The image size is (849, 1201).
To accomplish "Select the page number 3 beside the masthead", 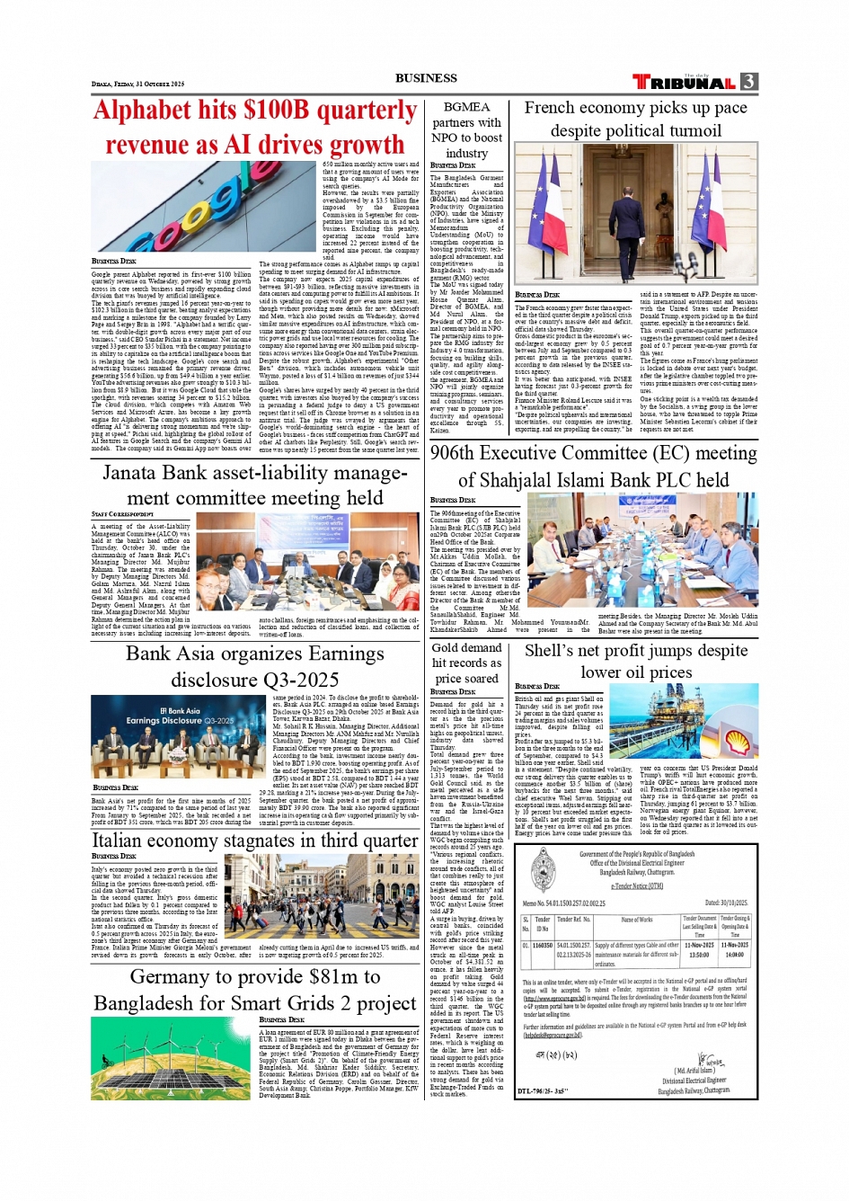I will pyautogui.click(x=748, y=82).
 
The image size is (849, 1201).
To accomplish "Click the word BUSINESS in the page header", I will pyautogui.click(x=426, y=78).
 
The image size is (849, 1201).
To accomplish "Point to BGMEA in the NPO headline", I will pyautogui.click(x=466, y=107).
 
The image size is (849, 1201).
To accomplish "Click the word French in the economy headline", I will pyautogui.click(x=549, y=108).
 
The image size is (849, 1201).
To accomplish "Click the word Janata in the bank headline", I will pyautogui.click(x=132, y=474).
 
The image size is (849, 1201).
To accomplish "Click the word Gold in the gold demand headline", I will pyautogui.click(x=447, y=647).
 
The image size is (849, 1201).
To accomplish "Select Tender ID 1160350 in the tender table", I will pyautogui.click(x=543, y=946).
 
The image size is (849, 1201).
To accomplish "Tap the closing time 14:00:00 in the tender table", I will pyautogui.click(x=734, y=956).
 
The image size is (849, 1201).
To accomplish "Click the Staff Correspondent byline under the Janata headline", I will pyautogui.click(x=122, y=514).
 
